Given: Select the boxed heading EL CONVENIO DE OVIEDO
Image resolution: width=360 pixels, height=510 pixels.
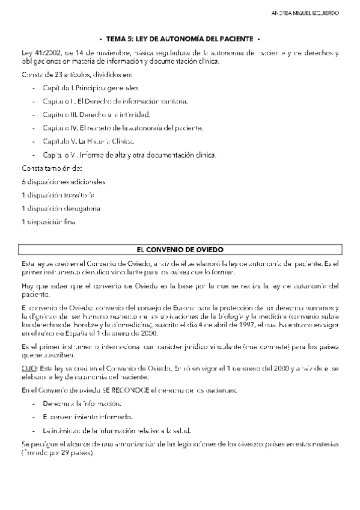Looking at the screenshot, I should [x=180, y=249].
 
